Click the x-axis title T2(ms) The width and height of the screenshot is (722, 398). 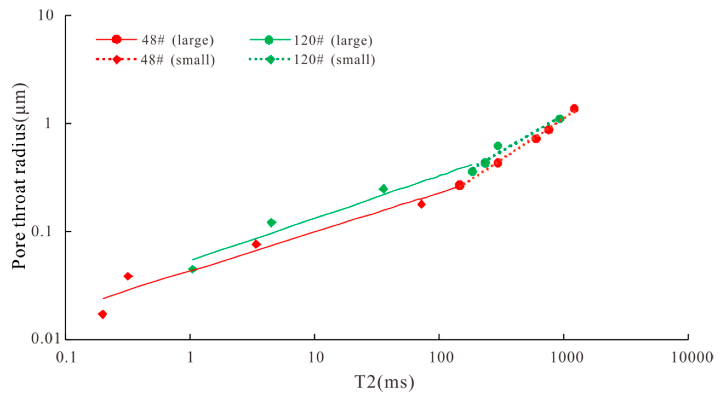pyautogui.click(x=384, y=383)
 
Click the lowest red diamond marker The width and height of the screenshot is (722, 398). pyautogui.click(x=103, y=314)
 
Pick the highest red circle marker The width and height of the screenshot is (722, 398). pyautogui.click(x=574, y=108)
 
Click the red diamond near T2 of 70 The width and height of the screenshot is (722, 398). pyautogui.click(x=421, y=204)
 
